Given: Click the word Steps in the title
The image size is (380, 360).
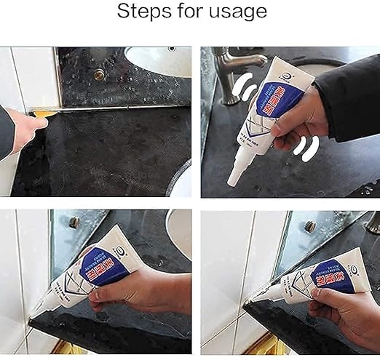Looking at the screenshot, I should [145, 12].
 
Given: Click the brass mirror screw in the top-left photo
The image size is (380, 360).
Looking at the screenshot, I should [98, 73].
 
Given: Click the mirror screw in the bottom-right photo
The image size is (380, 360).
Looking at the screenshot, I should [311, 227].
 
